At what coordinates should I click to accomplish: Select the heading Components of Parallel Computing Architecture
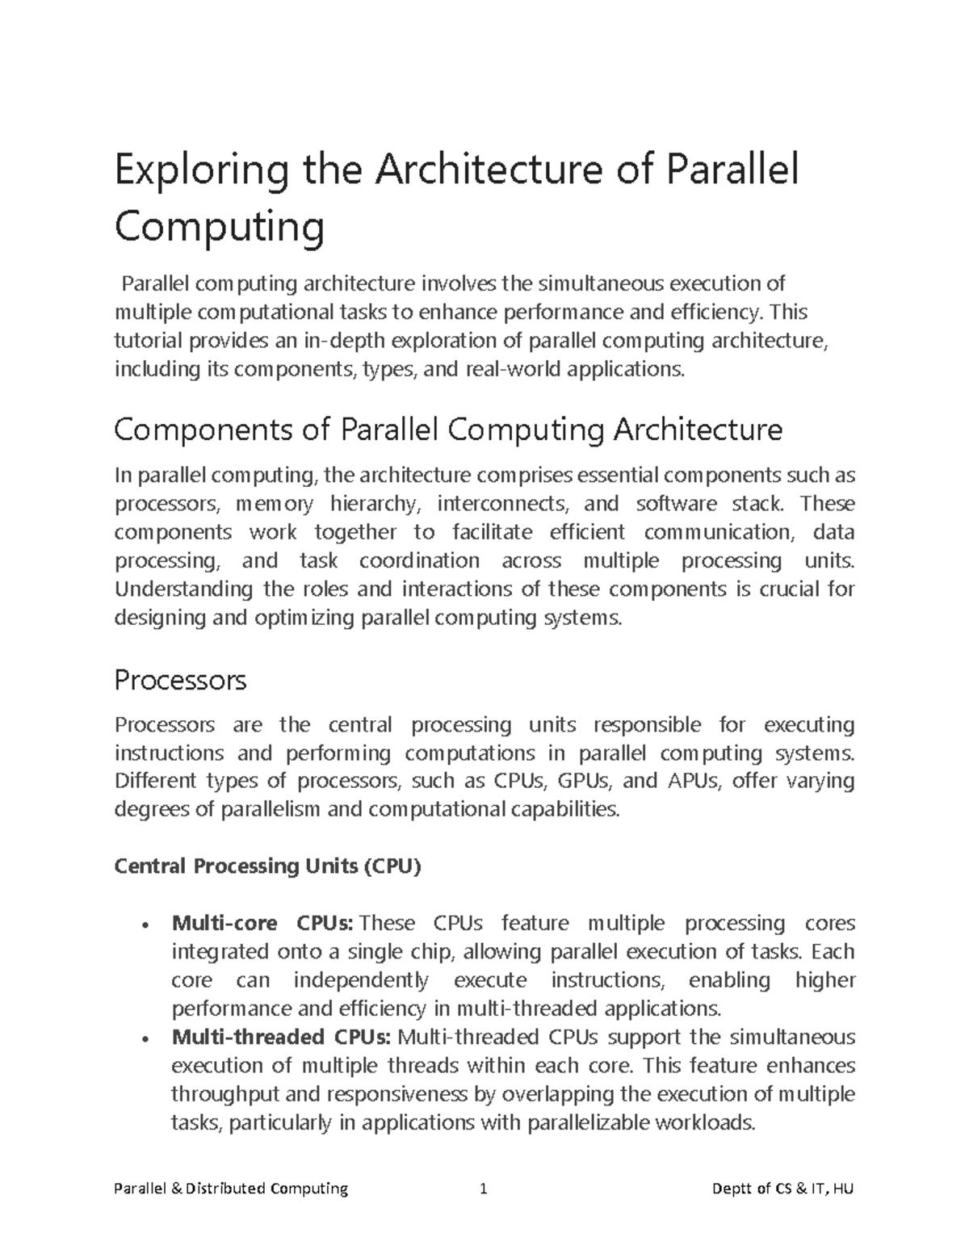[448, 430]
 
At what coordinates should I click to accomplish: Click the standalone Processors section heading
[180, 681]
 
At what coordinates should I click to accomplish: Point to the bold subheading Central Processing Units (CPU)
[268, 866]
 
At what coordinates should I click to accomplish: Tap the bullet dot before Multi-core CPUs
[144, 925]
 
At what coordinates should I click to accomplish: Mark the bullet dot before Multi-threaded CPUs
[144, 1039]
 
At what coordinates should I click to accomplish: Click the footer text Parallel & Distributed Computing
[231, 1189]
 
